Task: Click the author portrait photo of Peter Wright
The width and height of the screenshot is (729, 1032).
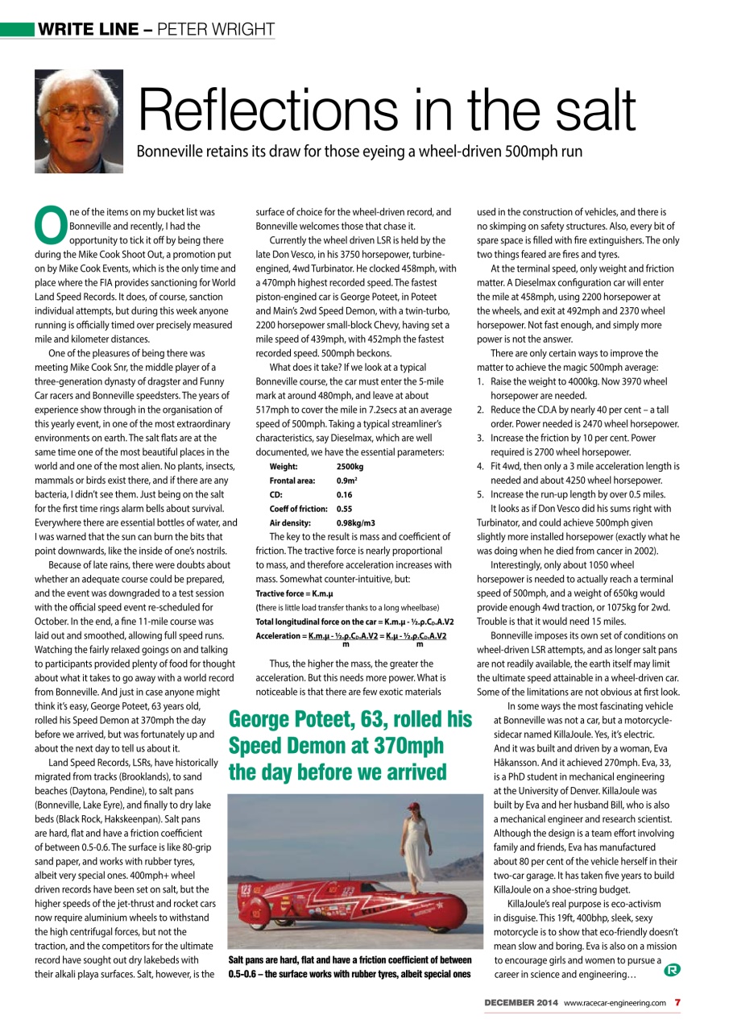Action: [x=79, y=121]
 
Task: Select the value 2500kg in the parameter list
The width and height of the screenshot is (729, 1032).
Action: [x=350, y=466]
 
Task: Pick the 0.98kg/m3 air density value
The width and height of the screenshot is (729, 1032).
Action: [x=355, y=522]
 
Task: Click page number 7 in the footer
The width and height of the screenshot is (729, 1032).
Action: [x=678, y=1002]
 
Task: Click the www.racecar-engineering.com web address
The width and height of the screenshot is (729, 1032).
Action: [x=615, y=1002]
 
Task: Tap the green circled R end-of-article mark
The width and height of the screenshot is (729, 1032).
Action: [x=670, y=969]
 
